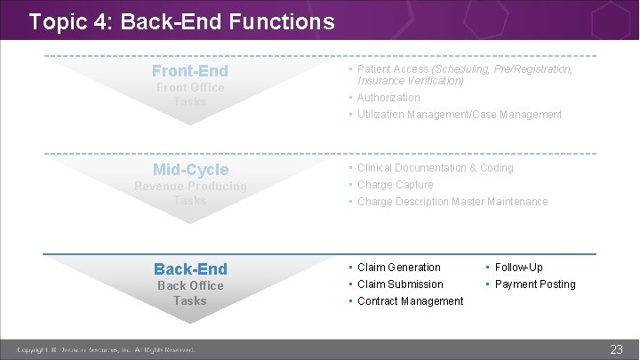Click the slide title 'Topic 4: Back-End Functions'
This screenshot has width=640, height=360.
(x=181, y=20)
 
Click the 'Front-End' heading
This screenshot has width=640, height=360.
(x=189, y=71)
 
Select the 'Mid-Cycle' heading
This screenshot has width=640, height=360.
(x=190, y=170)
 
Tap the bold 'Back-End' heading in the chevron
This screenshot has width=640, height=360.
(x=190, y=268)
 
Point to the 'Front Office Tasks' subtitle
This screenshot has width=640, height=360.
(x=189, y=95)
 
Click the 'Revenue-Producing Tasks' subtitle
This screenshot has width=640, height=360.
(x=189, y=194)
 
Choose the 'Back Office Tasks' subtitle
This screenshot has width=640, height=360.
(x=189, y=293)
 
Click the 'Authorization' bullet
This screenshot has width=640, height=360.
(x=388, y=98)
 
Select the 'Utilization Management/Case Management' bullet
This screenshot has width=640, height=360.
(x=460, y=115)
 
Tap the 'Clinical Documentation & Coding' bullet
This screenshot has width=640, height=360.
(x=435, y=168)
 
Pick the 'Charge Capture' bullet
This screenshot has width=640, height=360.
(x=395, y=185)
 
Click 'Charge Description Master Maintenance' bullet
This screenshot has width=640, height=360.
(x=452, y=202)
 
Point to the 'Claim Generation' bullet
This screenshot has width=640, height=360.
(x=398, y=268)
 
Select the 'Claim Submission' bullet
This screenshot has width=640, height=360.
(x=400, y=284)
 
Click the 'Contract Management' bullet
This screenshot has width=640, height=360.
(x=410, y=301)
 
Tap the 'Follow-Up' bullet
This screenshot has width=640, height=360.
(x=518, y=268)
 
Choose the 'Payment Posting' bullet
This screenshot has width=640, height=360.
(x=535, y=284)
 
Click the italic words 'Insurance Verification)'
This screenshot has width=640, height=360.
(x=410, y=81)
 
